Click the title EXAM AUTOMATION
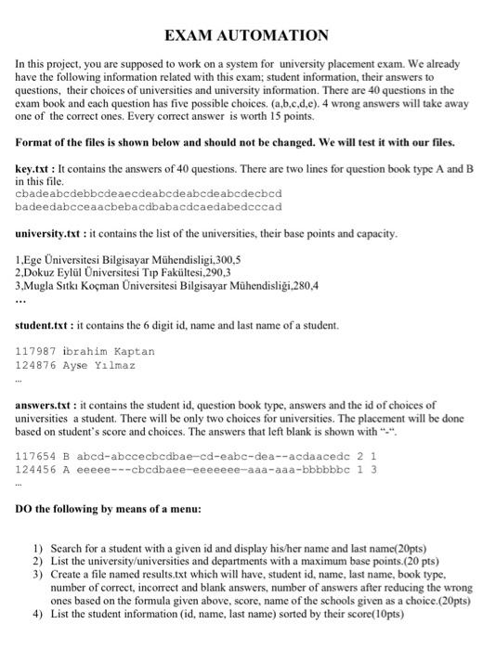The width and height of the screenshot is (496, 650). [247, 36]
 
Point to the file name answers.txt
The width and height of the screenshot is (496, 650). [46, 405]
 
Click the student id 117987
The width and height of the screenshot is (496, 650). [35, 351]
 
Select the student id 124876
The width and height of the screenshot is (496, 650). [35, 365]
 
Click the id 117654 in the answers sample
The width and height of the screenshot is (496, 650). [35, 456]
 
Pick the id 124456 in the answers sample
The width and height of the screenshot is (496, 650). [35, 470]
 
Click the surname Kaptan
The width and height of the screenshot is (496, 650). [134, 351]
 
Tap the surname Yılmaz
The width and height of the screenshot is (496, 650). [113, 365]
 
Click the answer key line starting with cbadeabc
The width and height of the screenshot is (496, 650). [149, 193]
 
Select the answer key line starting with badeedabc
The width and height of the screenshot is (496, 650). [149, 206]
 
